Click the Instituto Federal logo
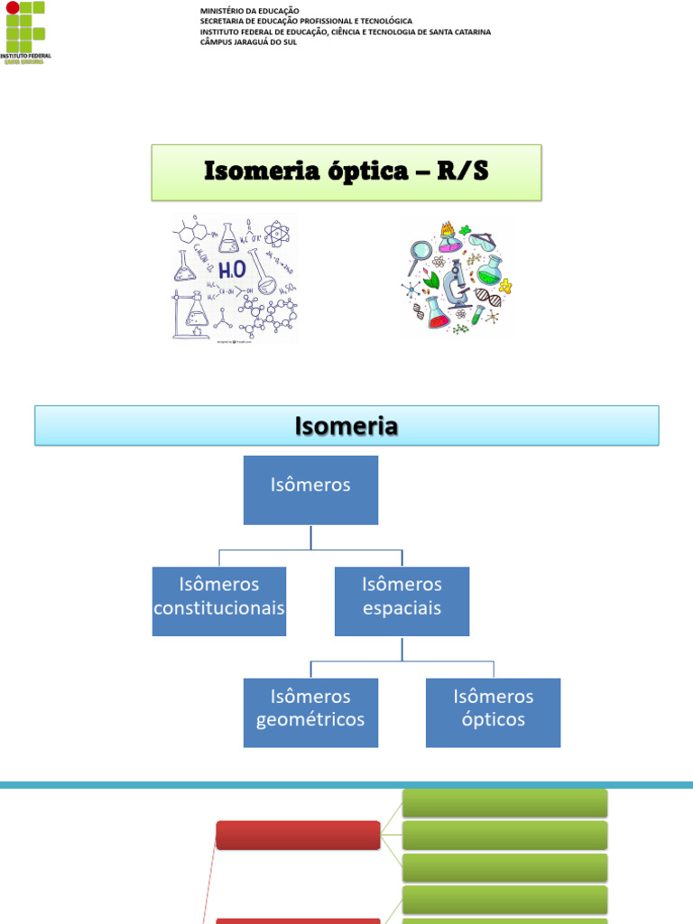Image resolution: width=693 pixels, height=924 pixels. point(27,32)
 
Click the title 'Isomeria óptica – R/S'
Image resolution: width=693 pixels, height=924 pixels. point(346,171)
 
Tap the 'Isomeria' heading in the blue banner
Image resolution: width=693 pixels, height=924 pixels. point(346,426)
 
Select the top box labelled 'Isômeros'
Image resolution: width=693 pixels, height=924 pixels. point(310,490)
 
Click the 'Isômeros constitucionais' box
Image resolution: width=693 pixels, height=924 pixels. point(219,601)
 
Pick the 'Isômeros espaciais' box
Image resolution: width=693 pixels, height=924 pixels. point(402,601)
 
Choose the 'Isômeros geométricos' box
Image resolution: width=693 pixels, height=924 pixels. point(310,713)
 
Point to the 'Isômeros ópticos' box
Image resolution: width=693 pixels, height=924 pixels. point(493,713)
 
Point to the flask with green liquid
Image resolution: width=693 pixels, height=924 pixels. point(490,270)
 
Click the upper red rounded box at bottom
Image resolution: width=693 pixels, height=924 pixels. point(298,835)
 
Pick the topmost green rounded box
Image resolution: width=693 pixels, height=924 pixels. point(504,802)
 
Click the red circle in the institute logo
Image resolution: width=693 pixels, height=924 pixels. point(12,8)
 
